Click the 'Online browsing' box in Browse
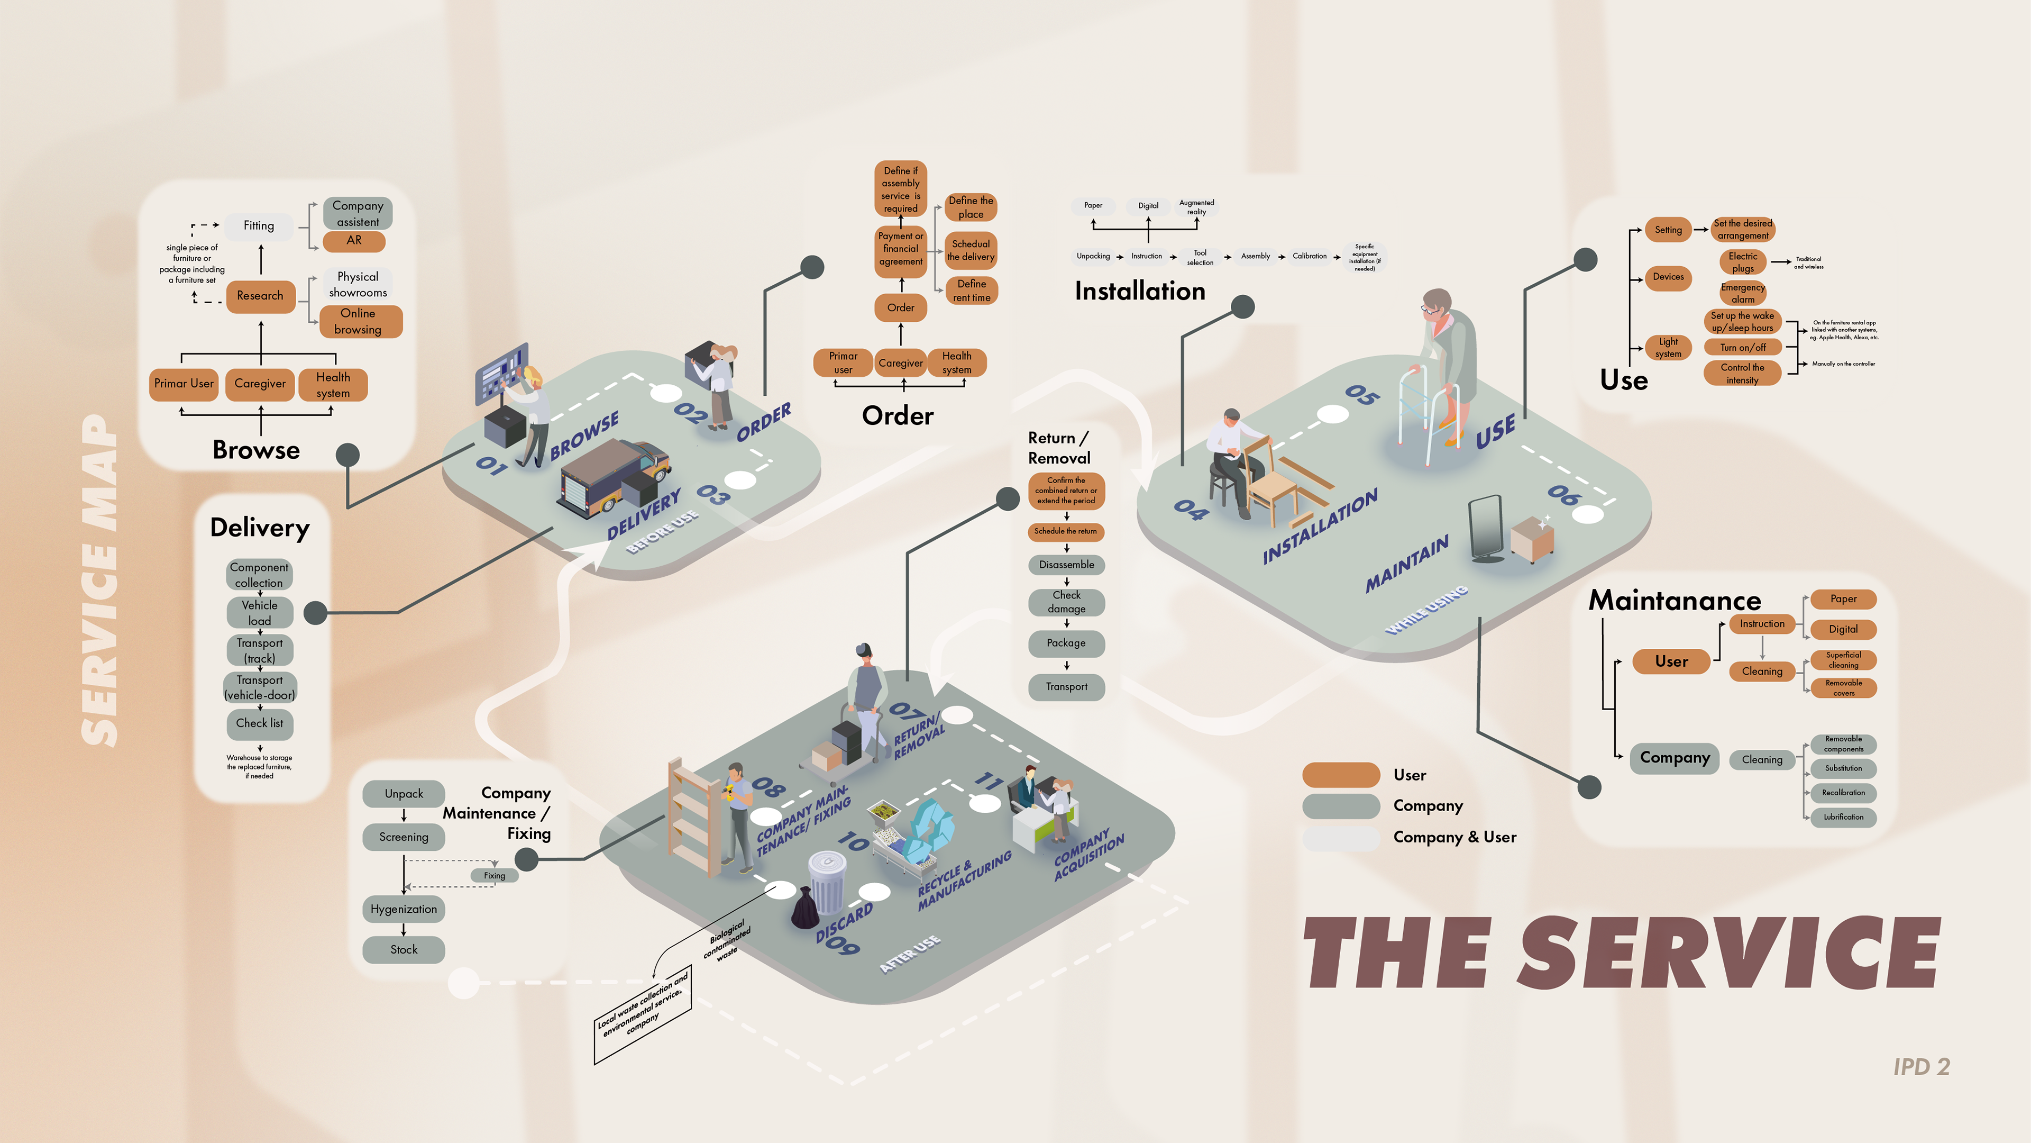tap(358, 321)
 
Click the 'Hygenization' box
tap(404, 909)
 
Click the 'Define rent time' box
tap(972, 291)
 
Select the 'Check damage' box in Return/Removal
tap(1066, 602)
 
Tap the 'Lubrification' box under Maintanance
tap(1843, 817)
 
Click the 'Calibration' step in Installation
tap(1310, 256)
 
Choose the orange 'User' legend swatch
tap(1340, 775)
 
